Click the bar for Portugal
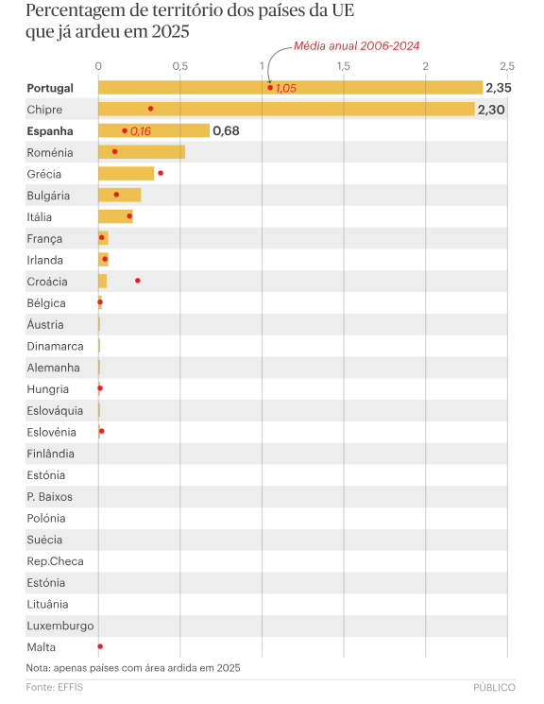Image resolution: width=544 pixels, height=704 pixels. coord(290,88)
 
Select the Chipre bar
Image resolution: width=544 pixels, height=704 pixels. coord(286,110)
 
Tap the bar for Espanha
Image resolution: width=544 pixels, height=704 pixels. coord(154,130)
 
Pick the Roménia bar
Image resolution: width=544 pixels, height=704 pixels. coord(142,152)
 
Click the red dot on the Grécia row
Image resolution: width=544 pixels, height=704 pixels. coord(161,173)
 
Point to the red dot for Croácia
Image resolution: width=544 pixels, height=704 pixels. coord(138,281)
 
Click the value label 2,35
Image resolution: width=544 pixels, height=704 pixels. coord(498,88)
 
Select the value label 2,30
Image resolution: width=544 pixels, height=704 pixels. coord(492,110)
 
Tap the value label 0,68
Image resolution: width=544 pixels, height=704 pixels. coord(226,130)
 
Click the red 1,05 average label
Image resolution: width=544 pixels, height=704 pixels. coord(286,88)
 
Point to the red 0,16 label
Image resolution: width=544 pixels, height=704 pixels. coord(141,130)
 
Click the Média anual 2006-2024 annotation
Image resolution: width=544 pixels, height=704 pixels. coord(357,45)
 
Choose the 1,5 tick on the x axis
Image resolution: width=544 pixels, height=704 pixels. coord(344,66)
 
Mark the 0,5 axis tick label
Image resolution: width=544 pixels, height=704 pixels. coord(180,66)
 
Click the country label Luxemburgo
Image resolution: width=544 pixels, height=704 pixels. coord(60,626)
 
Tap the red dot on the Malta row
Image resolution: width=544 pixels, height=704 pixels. coord(100,646)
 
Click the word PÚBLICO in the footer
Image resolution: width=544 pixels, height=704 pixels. coord(495,687)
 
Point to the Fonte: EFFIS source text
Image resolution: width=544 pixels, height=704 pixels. coord(55,687)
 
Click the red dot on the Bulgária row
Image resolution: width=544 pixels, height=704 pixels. coord(116,195)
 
